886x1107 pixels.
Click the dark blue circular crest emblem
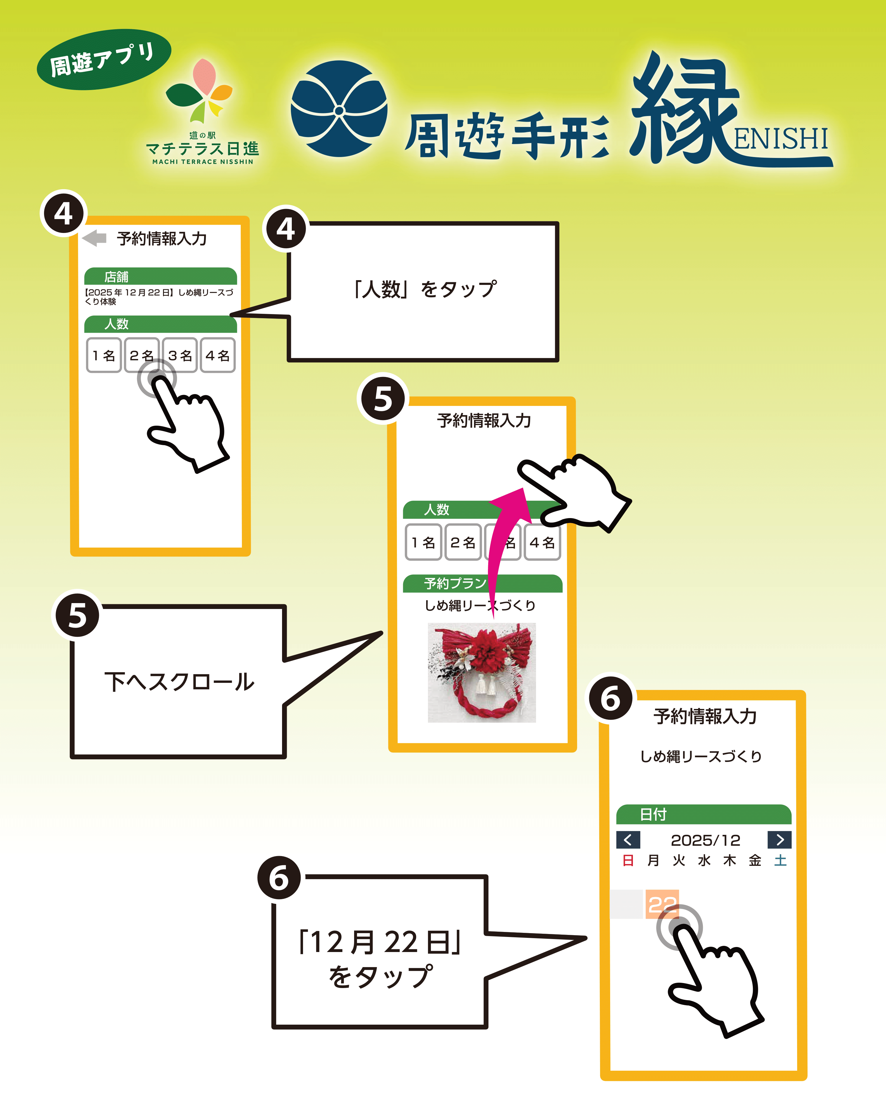pyautogui.click(x=339, y=109)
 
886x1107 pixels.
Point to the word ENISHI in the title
pyautogui.click(x=781, y=139)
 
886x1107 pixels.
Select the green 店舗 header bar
pyautogui.click(x=160, y=276)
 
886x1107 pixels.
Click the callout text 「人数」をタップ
pyautogui.click(x=424, y=289)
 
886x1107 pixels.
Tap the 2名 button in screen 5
pyautogui.click(x=463, y=542)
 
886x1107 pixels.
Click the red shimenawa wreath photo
pyautogui.click(x=482, y=673)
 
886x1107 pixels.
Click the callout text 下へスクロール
pyautogui.click(x=179, y=682)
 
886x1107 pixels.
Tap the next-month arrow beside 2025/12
pyautogui.click(x=779, y=840)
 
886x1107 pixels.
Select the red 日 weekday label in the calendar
pyautogui.click(x=628, y=861)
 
